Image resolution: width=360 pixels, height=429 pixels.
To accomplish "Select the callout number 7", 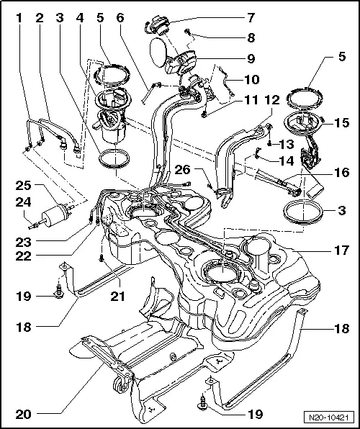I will point(251,17).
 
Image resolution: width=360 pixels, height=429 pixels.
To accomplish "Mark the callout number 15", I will point(341,125).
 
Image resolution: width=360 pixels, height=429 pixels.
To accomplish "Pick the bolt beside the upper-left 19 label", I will point(58,294).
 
